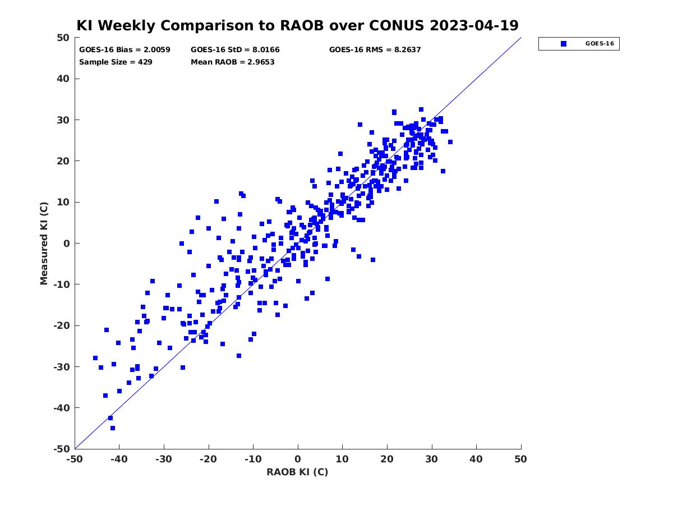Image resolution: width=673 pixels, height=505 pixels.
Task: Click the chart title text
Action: point(297,25)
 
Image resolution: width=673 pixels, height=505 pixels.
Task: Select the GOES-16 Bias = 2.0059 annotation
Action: point(125,50)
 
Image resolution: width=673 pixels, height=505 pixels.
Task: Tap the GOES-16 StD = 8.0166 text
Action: point(235,50)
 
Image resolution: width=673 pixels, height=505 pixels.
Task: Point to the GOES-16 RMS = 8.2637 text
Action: point(375,50)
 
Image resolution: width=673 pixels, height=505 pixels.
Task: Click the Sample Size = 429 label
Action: point(116,62)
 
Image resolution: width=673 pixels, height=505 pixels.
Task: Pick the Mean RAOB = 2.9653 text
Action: point(232,62)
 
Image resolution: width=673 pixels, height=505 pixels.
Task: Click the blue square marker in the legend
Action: point(564,44)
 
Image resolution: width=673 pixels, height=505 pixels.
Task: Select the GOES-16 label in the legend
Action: point(600,44)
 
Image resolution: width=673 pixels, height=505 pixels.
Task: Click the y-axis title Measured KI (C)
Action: point(44,244)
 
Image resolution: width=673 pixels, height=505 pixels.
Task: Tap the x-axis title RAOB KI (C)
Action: point(297,471)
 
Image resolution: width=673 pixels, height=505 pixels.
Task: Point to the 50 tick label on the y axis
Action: point(63,38)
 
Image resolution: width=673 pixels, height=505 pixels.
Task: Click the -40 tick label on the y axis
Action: point(62,408)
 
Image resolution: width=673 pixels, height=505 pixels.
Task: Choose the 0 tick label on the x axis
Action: point(298,459)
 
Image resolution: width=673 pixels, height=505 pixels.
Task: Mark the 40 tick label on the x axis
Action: point(476,459)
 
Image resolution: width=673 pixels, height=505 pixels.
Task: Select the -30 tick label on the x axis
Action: point(164,459)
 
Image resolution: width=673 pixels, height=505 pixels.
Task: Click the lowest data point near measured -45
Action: point(113,428)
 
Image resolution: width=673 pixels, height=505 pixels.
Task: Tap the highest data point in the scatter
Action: point(421,109)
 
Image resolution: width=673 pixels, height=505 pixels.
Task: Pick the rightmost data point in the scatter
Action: point(450,142)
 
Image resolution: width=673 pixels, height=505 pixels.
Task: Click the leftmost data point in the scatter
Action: point(95,358)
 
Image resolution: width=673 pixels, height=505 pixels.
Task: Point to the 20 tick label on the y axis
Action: point(63,161)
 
